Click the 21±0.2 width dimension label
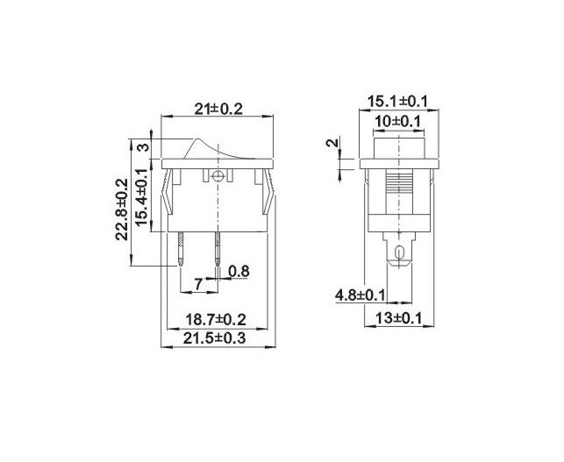point(218,109)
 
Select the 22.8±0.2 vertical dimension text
point(122,209)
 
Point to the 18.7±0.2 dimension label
point(216,319)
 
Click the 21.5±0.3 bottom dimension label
point(214,338)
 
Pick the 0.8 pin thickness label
point(239,271)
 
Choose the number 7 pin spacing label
point(198,284)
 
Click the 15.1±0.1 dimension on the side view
point(397,102)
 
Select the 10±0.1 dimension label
point(397,122)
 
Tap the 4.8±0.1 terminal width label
point(360,295)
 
